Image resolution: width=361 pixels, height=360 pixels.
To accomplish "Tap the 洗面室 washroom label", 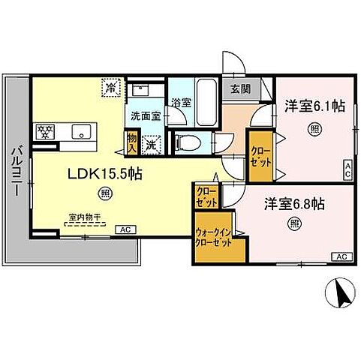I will click(145, 116).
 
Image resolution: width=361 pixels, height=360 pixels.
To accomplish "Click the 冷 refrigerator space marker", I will click(110, 87).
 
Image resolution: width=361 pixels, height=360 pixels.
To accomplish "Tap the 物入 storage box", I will click(132, 140).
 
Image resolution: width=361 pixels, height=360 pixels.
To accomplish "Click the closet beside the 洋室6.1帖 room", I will click(260, 155).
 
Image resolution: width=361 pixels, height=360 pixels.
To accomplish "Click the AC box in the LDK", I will click(125, 229).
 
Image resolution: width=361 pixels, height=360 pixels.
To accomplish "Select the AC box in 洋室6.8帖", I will click(340, 256).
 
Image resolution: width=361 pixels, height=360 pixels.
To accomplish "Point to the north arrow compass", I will click(338, 292).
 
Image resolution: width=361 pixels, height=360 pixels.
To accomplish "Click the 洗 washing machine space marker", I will click(152, 142).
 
